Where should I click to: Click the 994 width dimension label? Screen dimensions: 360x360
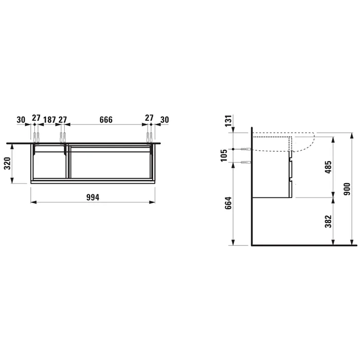(x=93, y=197)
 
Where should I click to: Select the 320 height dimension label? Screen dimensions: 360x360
(x=8, y=163)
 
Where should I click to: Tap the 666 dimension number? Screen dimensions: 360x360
(x=106, y=120)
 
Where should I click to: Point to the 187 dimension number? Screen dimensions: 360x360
(x=49, y=120)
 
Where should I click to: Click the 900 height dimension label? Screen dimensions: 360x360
(x=347, y=189)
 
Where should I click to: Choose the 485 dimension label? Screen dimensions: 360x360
(x=328, y=167)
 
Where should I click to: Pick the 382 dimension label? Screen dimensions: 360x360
(x=328, y=221)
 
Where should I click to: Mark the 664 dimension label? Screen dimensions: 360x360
(x=228, y=203)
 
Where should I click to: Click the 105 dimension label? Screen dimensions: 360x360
(x=224, y=155)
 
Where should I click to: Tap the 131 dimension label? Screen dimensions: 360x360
(x=228, y=121)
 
